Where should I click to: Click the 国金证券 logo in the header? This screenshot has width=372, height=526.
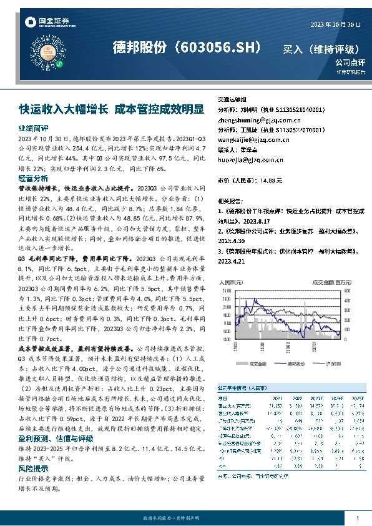[x=46, y=22]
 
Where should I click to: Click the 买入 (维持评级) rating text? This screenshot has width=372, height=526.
[x=321, y=48]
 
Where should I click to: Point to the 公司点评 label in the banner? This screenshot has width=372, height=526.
[x=350, y=62]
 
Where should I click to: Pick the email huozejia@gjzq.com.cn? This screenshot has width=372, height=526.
[x=250, y=159]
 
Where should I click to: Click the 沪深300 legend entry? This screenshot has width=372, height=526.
[x=334, y=363]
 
